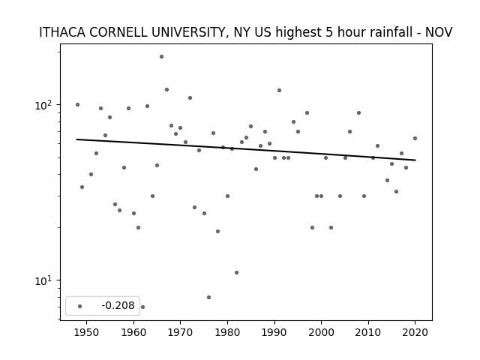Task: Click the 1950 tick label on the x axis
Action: (x=87, y=332)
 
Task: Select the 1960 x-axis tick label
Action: (x=133, y=332)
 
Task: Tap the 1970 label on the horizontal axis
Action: (x=180, y=332)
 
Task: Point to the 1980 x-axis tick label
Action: (x=227, y=332)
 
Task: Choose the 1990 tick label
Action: (x=274, y=332)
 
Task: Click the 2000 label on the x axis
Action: (x=322, y=332)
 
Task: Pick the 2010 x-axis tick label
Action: (x=368, y=332)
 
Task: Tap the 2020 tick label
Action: (x=415, y=332)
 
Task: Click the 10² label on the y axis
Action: (x=44, y=105)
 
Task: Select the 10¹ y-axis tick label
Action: (x=44, y=280)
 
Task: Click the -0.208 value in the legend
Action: (x=118, y=305)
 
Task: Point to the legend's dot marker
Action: (x=80, y=306)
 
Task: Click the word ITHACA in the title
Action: (x=62, y=32)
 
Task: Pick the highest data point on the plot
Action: (x=161, y=57)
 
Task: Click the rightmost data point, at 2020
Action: (x=415, y=138)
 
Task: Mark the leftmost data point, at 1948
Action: (x=77, y=105)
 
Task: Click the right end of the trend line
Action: (x=415, y=160)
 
